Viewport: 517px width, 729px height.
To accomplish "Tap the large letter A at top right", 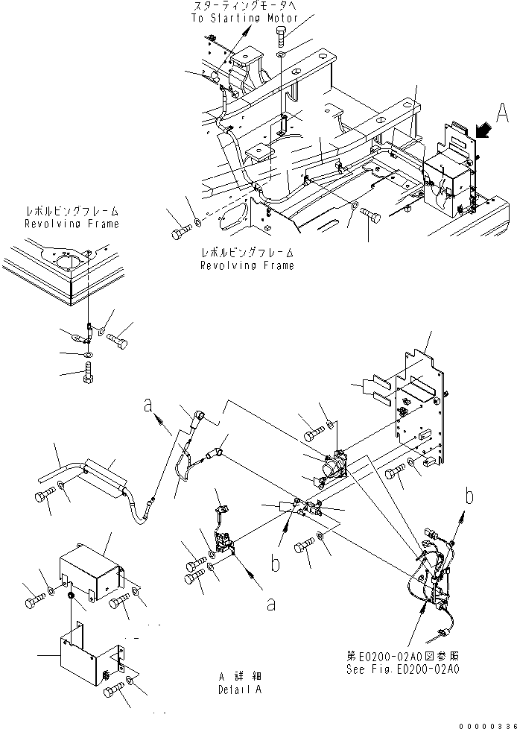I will tap(503, 113).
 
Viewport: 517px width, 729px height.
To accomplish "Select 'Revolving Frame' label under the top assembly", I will tap(247, 265).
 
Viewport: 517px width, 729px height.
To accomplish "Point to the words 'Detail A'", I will tap(239, 689).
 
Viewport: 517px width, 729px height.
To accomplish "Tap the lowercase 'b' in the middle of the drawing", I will tap(274, 564).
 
